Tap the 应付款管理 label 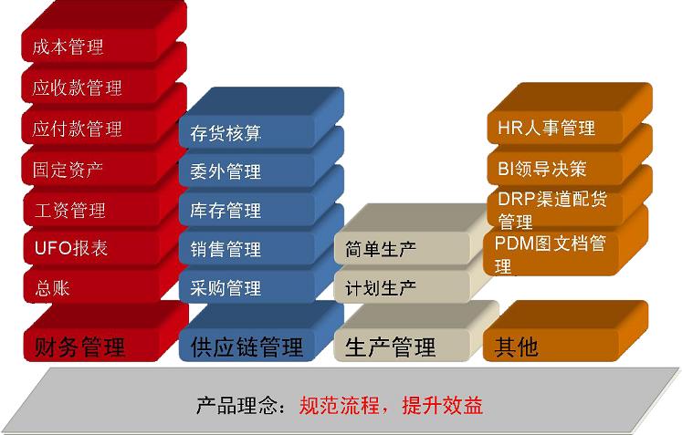(x=77, y=129)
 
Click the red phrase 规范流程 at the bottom (x=340, y=406)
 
